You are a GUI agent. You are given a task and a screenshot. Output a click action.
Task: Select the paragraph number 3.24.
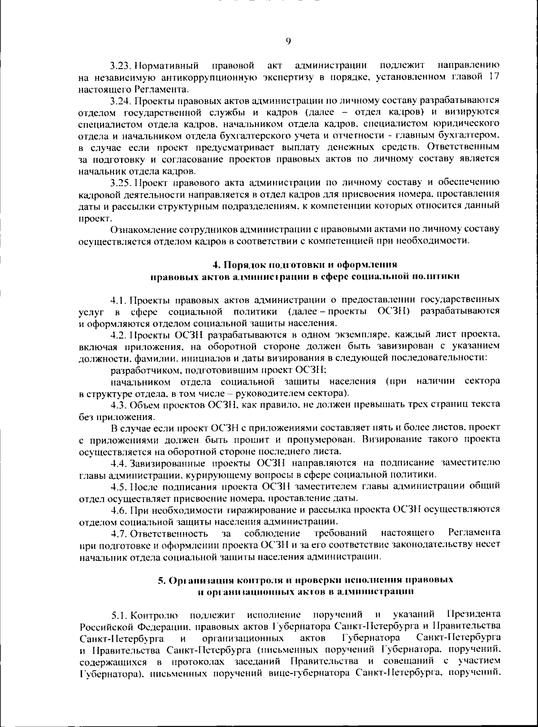click(120, 100)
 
